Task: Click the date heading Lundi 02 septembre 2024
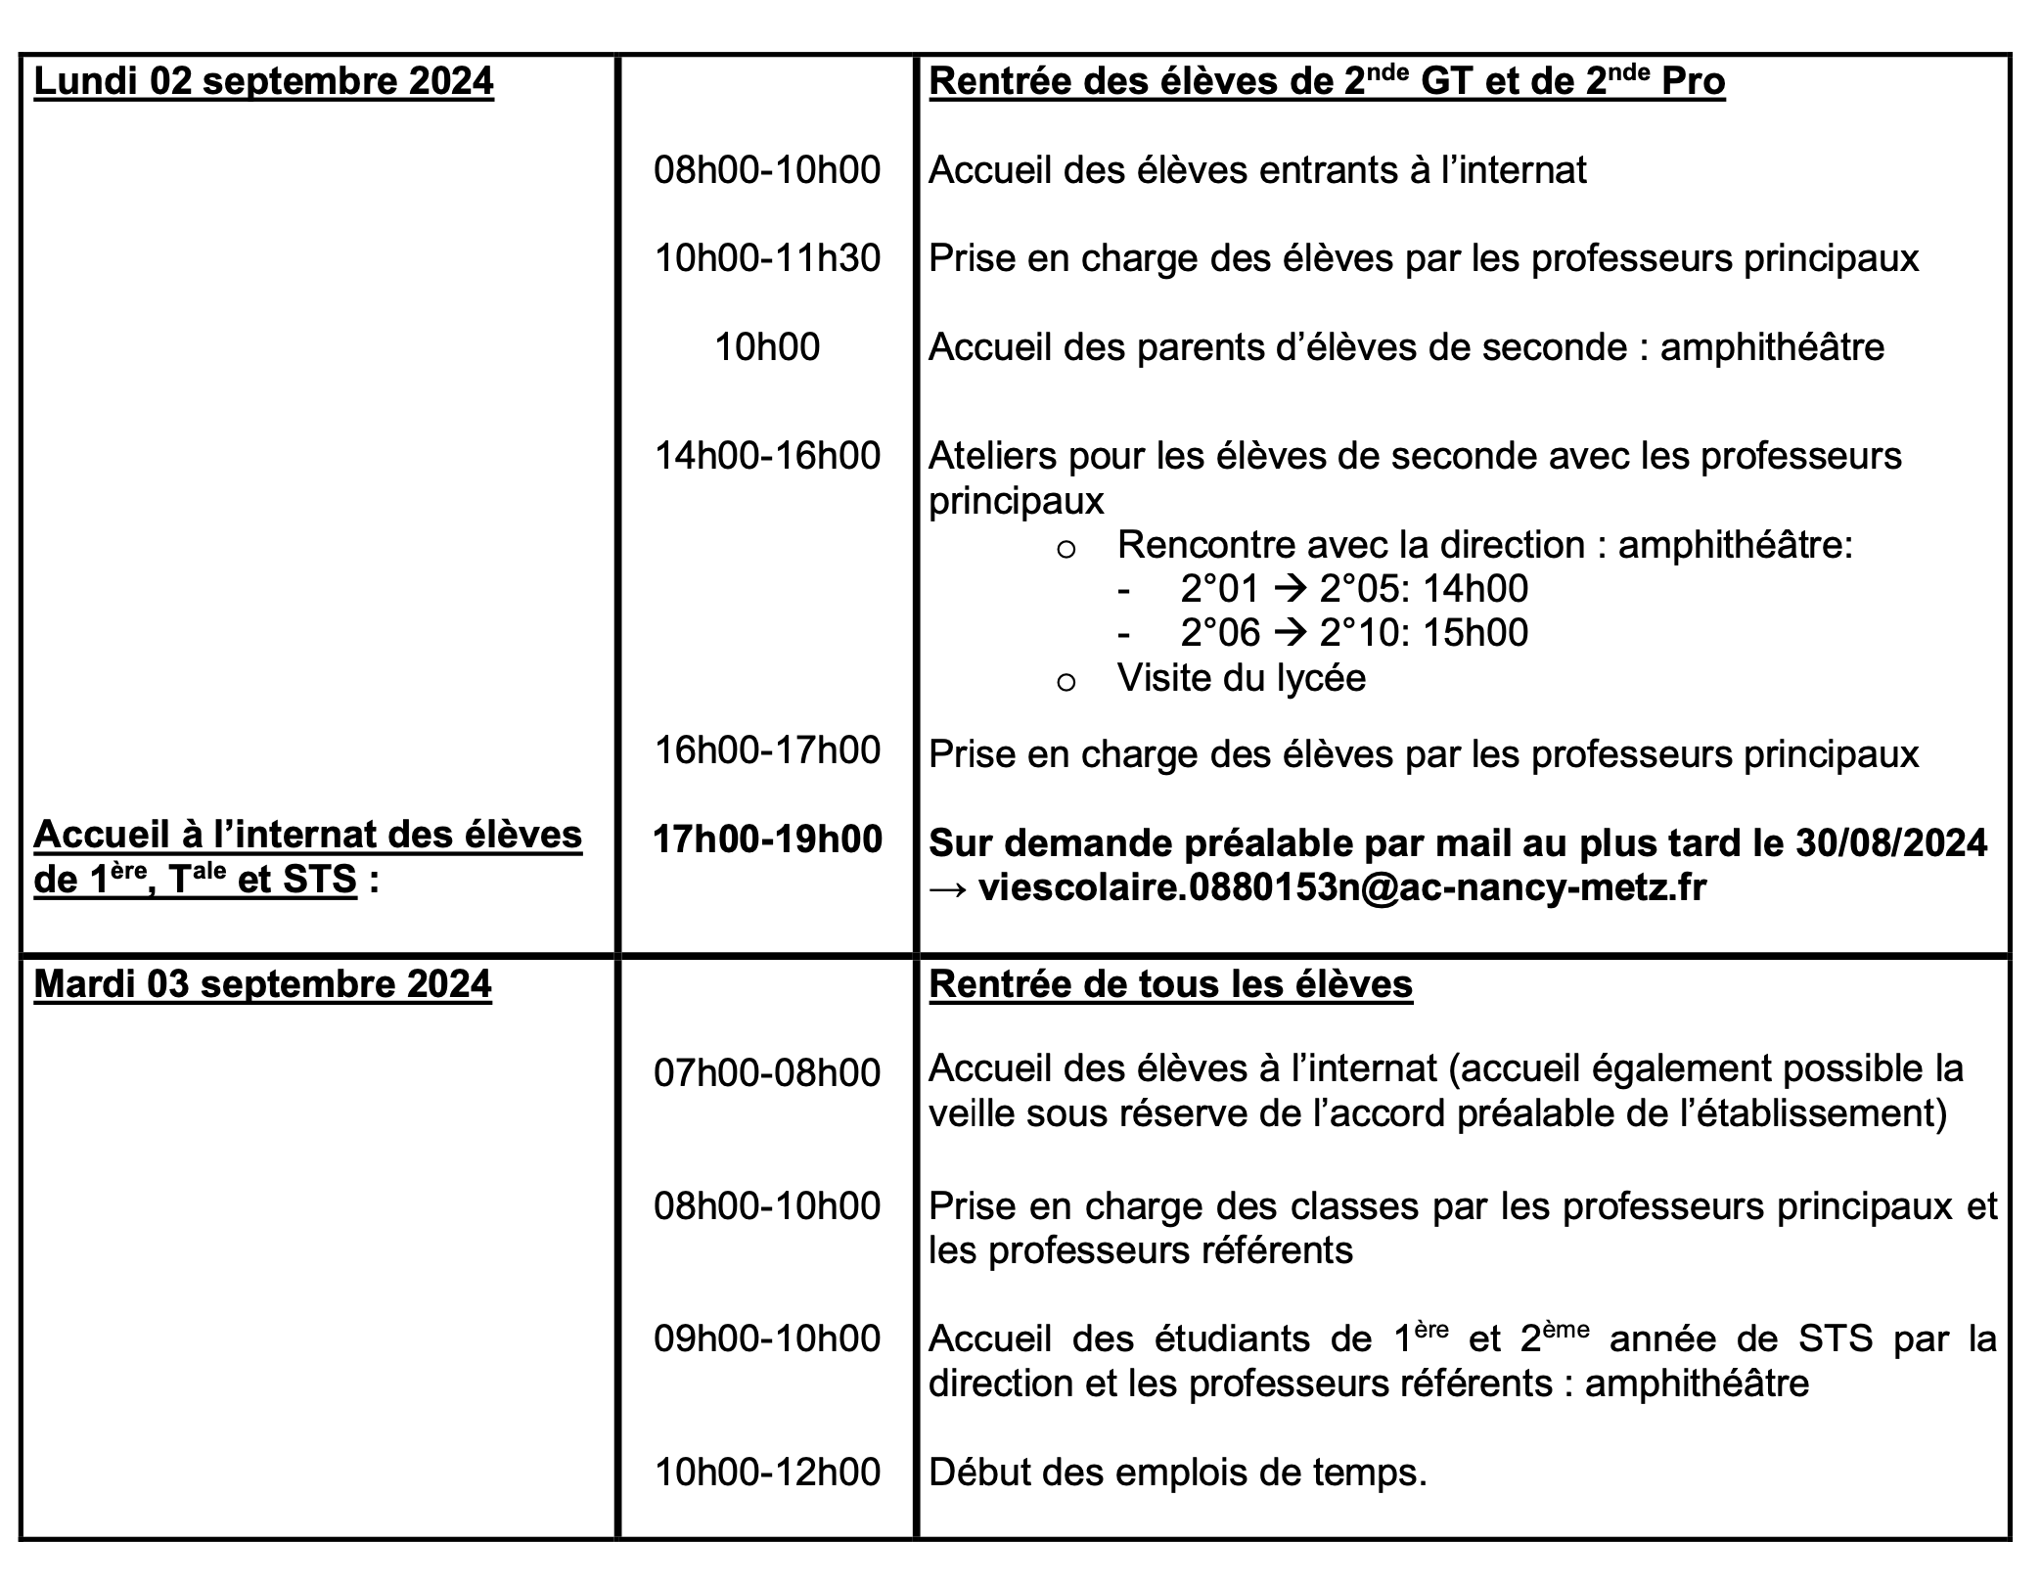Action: (x=263, y=81)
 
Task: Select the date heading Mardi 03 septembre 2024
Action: (x=262, y=984)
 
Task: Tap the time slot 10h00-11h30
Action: (x=767, y=258)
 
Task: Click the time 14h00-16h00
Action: (x=767, y=456)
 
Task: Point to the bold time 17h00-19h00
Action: (x=767, y=839)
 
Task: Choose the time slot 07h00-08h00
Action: (x=767, y=1073)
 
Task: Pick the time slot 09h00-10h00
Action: (x=767, y=1338)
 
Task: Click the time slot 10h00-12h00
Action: (x=767, y=1472)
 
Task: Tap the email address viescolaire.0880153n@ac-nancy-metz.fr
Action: (x=1342, y=887)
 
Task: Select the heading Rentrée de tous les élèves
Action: (x=1170, y=984)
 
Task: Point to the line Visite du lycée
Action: (x=1241, y=678)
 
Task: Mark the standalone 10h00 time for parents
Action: (x=767, y=347)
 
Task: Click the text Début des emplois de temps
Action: (x=1177, y=1472)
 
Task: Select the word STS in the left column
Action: (x=320, y=880)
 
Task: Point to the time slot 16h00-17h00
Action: (x=767, y=750)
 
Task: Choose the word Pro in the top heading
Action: (x=1693, y=81)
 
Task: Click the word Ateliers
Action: (x=987, y=456)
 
